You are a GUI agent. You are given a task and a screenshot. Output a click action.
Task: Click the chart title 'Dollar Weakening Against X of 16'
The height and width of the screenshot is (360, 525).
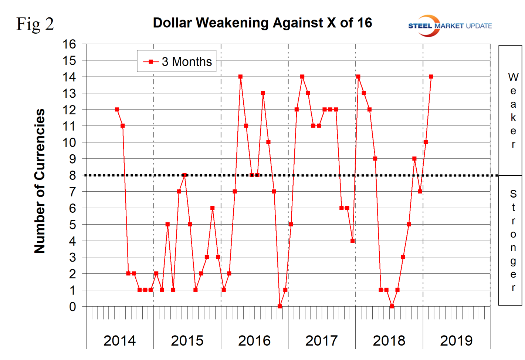coord(262,23)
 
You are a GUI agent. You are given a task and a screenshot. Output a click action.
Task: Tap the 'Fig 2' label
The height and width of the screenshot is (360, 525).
coord(35,24)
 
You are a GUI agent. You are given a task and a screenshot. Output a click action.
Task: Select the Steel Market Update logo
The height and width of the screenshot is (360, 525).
coord(450,26)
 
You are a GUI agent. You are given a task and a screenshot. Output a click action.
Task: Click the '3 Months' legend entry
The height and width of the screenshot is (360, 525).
coord(177,61)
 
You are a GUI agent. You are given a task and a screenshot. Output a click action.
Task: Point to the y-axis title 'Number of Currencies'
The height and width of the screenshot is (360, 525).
coord(40,181)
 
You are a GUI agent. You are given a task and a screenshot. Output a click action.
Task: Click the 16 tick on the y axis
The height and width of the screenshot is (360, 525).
coord(69,44)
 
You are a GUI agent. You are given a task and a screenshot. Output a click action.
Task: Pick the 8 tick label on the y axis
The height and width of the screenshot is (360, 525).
coord(72,175)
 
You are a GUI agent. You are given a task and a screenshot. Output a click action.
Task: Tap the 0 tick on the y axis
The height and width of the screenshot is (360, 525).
coord(72,306)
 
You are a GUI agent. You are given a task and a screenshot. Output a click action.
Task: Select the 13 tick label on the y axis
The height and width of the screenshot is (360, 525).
coord(69,94)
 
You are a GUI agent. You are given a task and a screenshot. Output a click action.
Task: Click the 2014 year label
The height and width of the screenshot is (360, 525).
coord(119,340)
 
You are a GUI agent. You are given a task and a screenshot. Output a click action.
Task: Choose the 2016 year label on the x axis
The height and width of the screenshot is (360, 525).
coord(254,340)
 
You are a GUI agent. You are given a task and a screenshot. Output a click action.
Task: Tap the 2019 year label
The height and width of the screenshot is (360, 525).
coord(456,340)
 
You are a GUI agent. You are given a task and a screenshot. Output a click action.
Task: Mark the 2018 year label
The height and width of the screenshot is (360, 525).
coord(389,340)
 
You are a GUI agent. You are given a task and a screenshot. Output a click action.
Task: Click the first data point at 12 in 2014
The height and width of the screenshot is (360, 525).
coord(117,110)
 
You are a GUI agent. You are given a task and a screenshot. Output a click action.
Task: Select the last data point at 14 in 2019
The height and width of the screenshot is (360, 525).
coord(431,77)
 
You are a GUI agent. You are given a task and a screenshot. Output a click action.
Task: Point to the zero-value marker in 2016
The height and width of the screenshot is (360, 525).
coord(280,306)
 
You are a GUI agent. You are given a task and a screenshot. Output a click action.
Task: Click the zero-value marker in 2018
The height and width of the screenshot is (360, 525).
coord(392,306)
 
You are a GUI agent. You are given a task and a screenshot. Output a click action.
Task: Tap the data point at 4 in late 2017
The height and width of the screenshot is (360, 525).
coord(353,241)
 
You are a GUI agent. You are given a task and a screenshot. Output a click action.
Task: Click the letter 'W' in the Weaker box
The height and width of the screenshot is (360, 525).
coord(513,77)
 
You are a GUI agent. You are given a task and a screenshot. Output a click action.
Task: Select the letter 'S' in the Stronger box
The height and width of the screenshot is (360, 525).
coord(513,194)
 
